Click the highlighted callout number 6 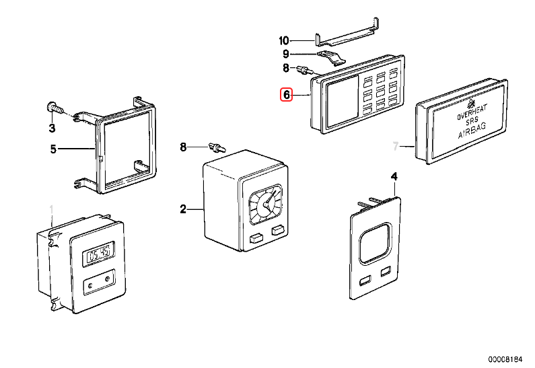click(286, 96)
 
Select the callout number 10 click(283, 40)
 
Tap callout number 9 click(285, 54)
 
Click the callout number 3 click(52, 128)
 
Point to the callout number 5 click(53, 149)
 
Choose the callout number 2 click(182, 210)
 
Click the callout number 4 click(394, 176)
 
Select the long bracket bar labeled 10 click(347, 37)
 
